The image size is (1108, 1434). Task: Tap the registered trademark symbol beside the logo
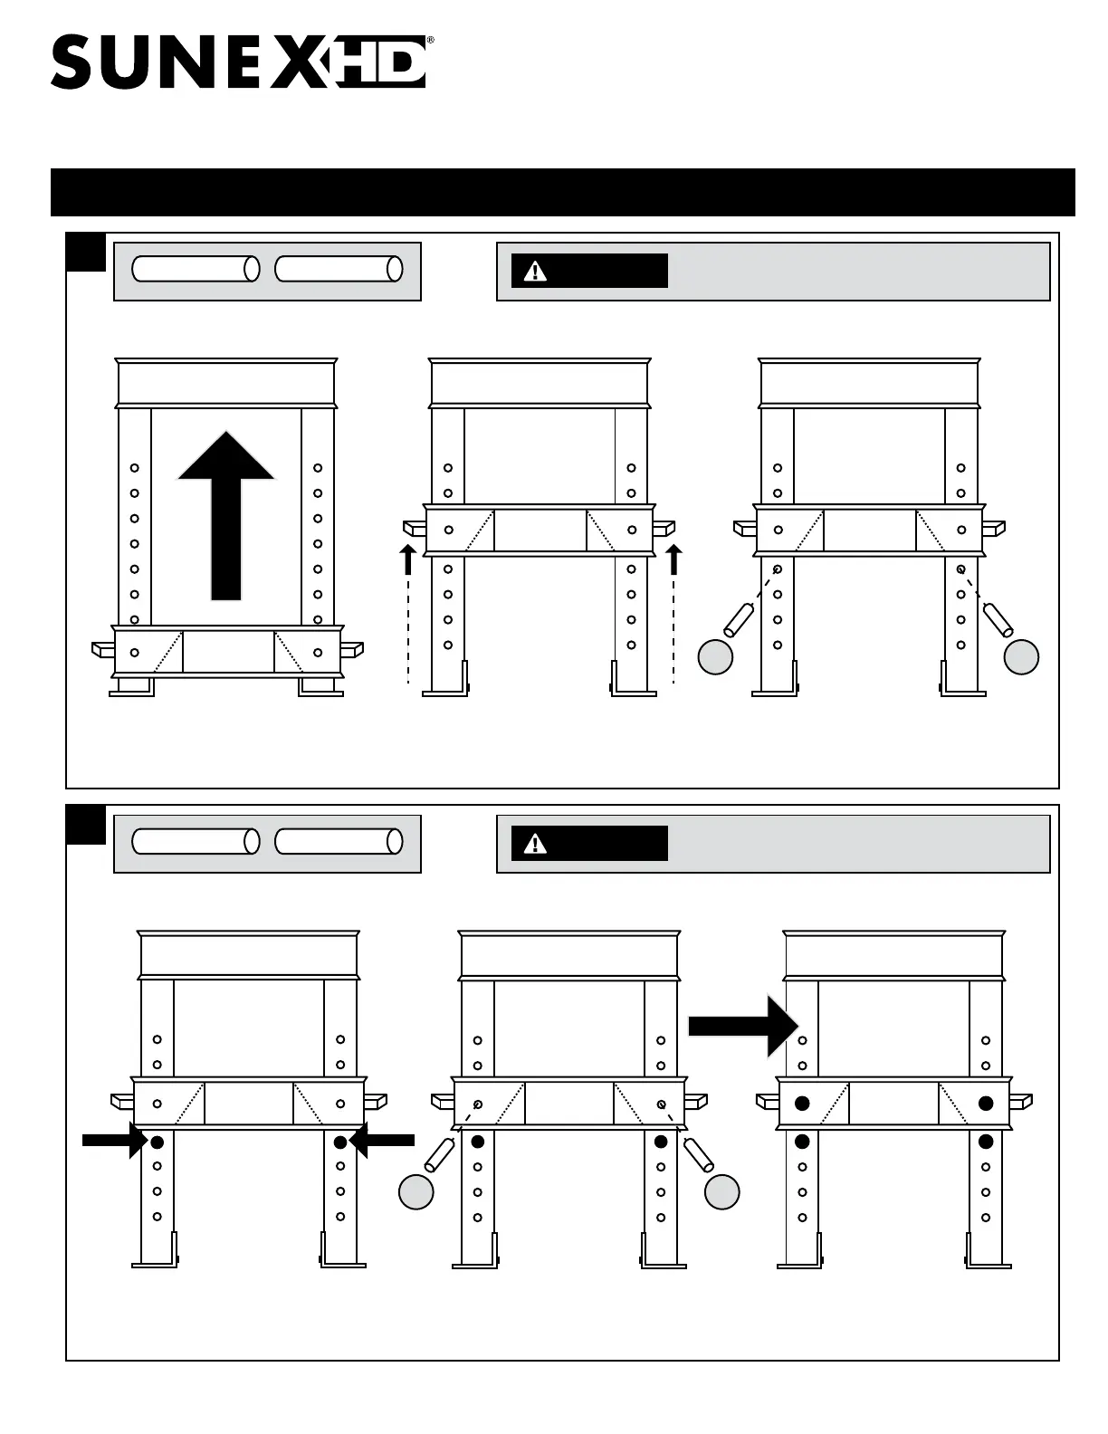[x=430, y=41]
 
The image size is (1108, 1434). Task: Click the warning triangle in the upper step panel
[x=535, y=271]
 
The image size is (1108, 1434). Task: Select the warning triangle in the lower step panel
[x=535, y=844]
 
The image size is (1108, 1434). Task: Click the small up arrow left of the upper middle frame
[x=408, y=559]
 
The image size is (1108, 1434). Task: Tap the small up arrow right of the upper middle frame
[x=673, y=559]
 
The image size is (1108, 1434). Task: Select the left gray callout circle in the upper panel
[x=715, y=657]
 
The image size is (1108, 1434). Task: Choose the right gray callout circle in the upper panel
[x=1022, y=657]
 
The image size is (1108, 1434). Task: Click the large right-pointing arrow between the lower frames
[x=743, y=1026]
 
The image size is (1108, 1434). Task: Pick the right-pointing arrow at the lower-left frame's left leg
[x=114, y=1141]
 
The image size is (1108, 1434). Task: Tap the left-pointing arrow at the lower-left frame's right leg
[x=382, y=1141]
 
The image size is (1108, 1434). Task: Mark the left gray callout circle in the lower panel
[x=416, y=1192]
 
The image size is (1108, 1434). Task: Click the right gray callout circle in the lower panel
[x=722, y=1192]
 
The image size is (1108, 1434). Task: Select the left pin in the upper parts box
[x=196, y=269]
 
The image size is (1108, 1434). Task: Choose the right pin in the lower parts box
[x=339, y=842]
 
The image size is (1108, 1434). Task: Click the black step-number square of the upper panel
[x=86, y=252]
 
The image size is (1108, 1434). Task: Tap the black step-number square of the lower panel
[x=86, y=824]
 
